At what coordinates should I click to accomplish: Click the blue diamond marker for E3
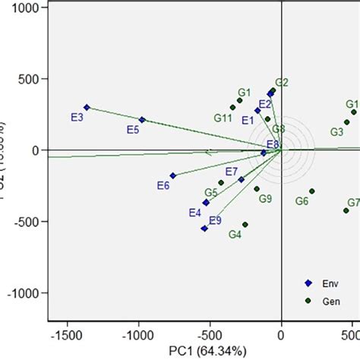tap(87, 107)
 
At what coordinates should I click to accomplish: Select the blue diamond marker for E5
tap(142, 119)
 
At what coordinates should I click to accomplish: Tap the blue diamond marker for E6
tap(173, 175)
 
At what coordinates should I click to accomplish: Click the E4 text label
tap(195, 213)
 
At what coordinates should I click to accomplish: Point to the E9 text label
tap(215, 220)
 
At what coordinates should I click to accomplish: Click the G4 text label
tap(235, 235)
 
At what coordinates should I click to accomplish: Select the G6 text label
tap(302, 201)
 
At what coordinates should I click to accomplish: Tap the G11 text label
tap(223, 118)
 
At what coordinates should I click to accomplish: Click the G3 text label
tap(336, 131)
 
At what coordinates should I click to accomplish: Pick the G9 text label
tap(265, 199)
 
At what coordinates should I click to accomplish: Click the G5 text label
tap(210, 193)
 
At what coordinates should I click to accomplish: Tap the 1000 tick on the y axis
tap(27, 8)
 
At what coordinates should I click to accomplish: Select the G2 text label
tap(282, 82)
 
